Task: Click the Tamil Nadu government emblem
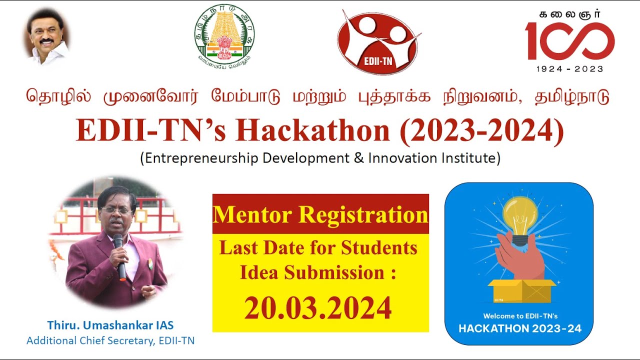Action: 224,38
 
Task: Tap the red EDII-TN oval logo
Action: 377,42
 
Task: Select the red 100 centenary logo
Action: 569,41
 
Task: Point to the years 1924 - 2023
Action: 569,69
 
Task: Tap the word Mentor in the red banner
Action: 252,215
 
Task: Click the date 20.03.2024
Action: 318,308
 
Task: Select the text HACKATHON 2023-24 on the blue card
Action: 519,328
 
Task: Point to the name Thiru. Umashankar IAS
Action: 110,325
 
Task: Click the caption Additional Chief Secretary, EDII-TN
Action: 110,341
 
